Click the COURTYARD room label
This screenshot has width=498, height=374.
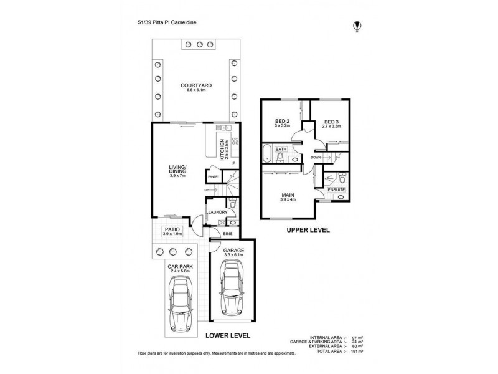point(194,85)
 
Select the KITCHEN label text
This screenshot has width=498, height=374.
point(221,148)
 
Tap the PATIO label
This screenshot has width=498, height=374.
point(172,230)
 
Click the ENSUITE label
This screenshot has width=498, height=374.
point(337,189)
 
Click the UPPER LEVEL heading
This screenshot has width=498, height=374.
point(308,230)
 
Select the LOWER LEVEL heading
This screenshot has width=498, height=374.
point(228,335)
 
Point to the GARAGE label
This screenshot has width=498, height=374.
point(233,250)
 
